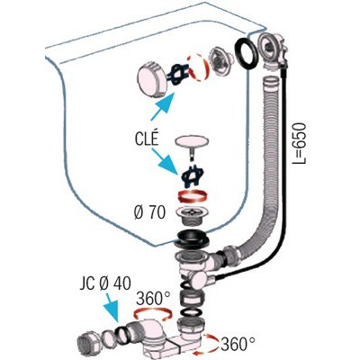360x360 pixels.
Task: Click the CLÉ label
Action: (x=146, y=139)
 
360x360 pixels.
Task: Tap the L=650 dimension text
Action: (x=299, y=144)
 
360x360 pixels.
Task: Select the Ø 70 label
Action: (x=149, y=213)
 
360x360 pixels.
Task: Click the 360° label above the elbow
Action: (x=153, y=298)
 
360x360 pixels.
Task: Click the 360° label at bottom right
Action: (x=238, y=344)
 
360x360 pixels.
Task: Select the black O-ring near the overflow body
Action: (x=246, y=52)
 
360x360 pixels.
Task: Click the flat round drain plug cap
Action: (x=192, y=141)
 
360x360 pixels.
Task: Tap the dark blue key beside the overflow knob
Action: (x=178, y=73)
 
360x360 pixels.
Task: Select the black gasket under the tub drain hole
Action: (x=192, y=238)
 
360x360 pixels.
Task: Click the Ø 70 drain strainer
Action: (x=192, y=215)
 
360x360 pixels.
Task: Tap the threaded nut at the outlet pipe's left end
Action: (x=87, y=343)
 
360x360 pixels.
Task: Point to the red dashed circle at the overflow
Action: (x=197, y=67)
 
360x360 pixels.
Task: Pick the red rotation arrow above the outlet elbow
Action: (x=153, y=314)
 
